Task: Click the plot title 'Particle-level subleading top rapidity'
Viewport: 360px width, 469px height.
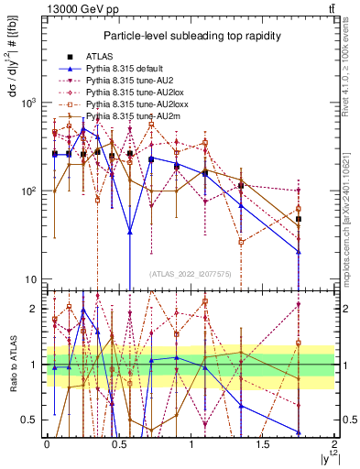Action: [191, 35]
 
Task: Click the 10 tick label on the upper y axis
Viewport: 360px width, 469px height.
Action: [32, 279]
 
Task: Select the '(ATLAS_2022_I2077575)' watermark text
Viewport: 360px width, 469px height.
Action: [191, 273]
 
